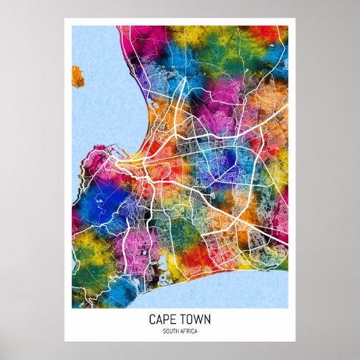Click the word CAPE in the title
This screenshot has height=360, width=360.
pos(160,319)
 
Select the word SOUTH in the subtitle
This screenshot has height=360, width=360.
pos(170,331)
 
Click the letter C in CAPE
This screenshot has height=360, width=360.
pos(151,319)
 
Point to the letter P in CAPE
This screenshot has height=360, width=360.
pos(164,319)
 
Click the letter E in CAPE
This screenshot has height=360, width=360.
pos(170,319)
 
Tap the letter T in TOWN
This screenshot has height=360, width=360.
pos(183,319)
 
